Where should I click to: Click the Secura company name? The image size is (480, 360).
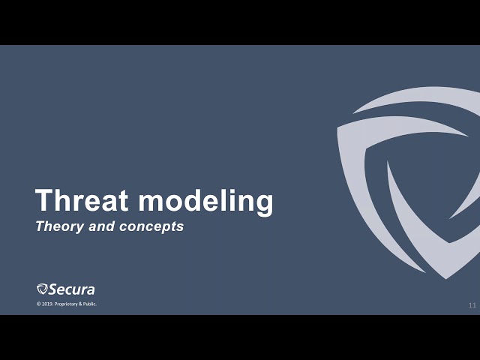[72, 289]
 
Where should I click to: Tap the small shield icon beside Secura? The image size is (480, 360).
[42, 289]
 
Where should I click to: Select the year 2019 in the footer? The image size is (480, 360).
[47, 304]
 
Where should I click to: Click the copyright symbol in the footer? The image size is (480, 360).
[39, 304]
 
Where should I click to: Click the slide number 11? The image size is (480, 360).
[472, 305]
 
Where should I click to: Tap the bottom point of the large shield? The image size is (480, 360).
[448, 276]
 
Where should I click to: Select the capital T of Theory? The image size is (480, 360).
[40, 226]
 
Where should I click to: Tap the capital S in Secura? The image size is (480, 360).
[54, 289]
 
